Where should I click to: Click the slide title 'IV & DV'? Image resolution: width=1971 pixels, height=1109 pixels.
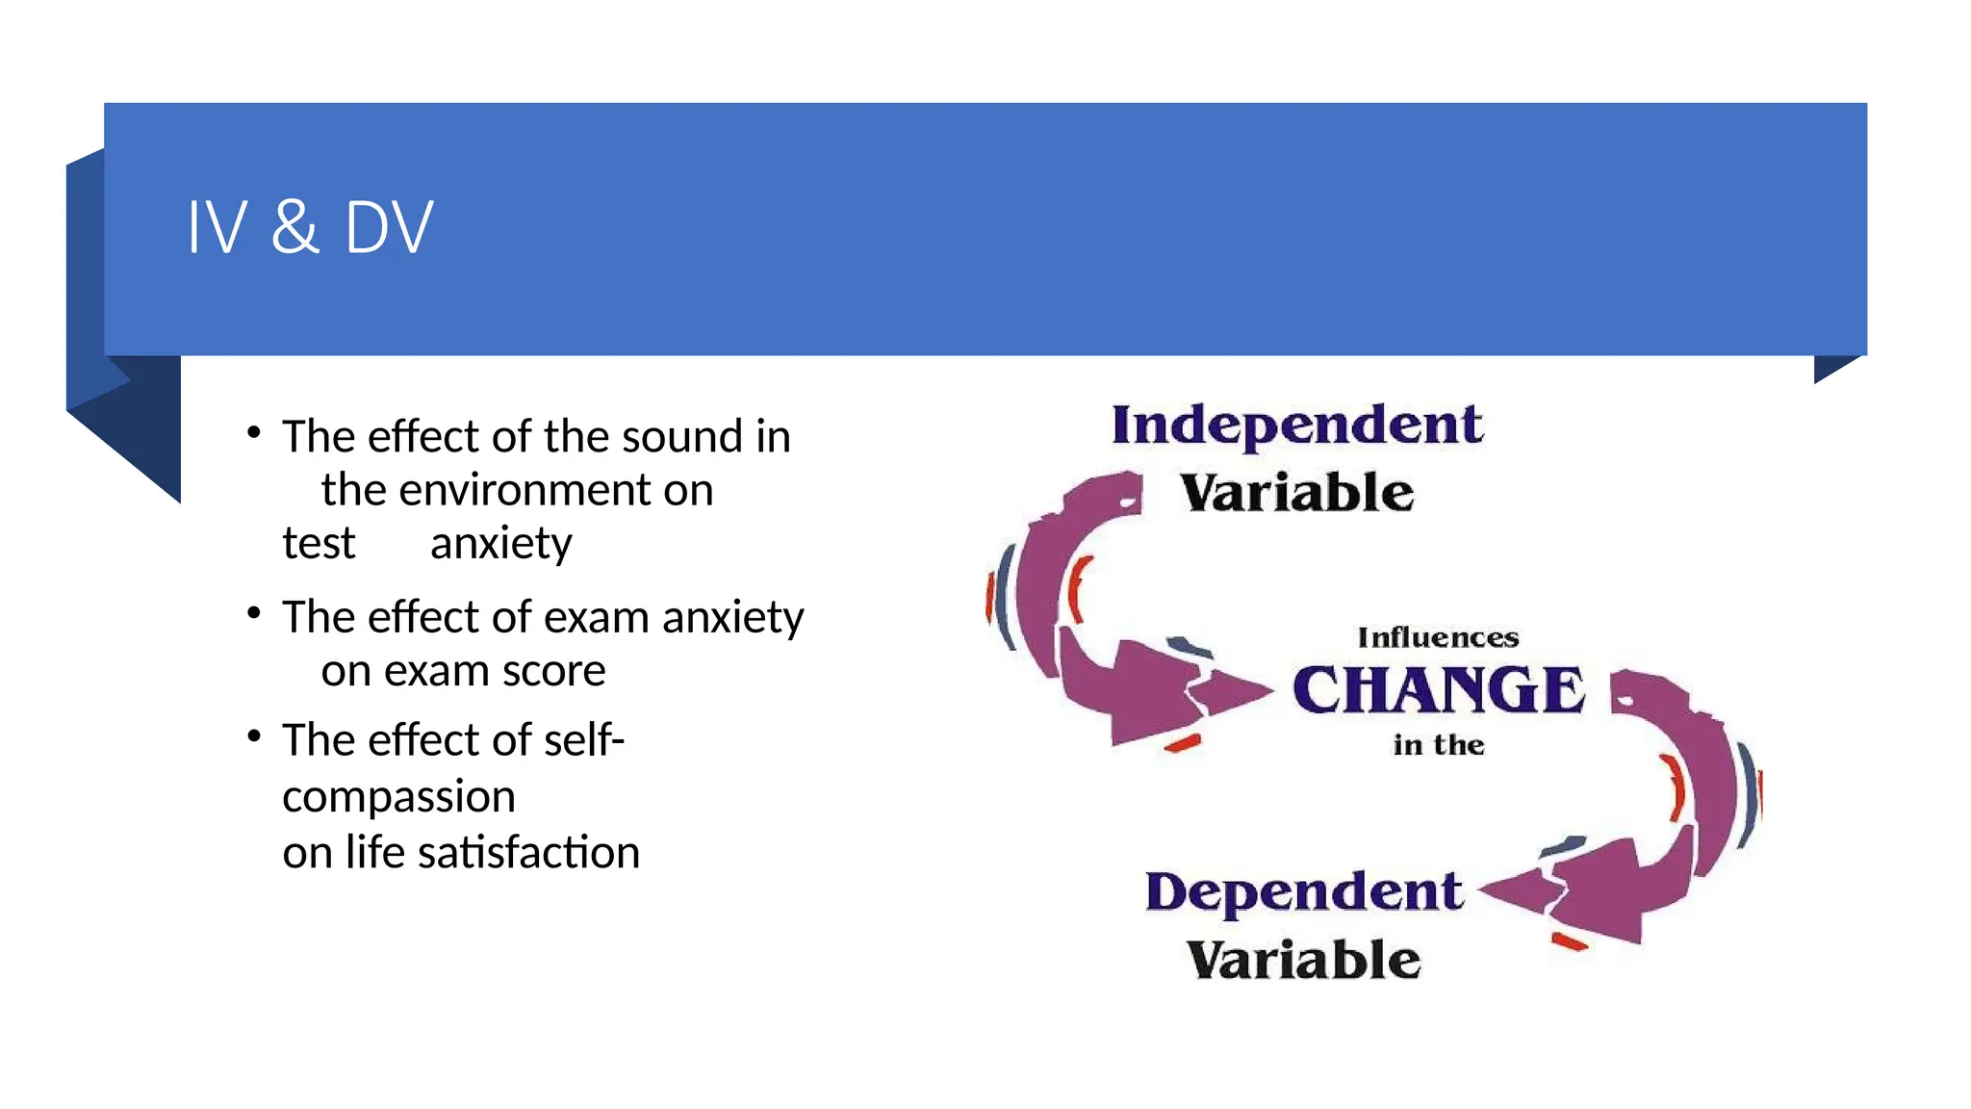point(310,227)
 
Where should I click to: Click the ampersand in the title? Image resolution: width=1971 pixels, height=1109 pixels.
point(294,227)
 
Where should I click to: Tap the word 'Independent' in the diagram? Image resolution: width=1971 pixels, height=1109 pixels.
point(1296,426)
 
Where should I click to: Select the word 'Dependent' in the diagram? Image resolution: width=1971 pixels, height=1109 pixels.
point(1304,891)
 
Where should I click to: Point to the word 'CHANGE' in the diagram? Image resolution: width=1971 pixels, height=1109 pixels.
point(1438,689)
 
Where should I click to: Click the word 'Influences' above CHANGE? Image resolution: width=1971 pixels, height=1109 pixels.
point(1438,637)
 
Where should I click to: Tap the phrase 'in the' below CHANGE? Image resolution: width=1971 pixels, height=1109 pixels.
point(1438,744)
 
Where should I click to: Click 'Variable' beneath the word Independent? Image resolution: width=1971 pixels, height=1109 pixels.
point(1296,493)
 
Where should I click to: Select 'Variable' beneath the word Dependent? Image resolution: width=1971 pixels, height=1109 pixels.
point(1303,960)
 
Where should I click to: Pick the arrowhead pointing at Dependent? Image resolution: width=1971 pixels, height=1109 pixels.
point(1516,892)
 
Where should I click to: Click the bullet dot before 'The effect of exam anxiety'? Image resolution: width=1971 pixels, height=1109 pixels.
point(254,613)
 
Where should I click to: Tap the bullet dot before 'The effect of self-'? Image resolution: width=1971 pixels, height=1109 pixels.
point(254,736)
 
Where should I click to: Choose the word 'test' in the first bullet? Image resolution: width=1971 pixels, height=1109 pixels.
point(319,544)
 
